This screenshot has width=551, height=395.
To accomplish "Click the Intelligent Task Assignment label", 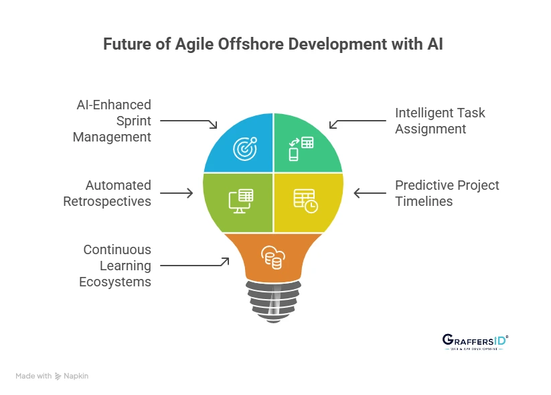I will [439, 121].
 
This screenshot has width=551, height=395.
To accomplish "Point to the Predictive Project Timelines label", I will [447, 193].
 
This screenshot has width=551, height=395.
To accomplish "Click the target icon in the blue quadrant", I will [244, 148].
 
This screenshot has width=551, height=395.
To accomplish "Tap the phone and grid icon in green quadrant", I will [301, 148].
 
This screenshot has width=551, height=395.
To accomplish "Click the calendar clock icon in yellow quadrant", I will [305, 201].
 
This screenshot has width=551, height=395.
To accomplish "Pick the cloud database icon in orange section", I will [272, 257].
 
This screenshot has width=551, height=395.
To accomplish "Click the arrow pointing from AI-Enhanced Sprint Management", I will [189, 123].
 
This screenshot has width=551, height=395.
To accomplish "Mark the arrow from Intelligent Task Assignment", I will [358, 123].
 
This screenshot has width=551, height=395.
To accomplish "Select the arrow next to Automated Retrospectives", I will [175, 193].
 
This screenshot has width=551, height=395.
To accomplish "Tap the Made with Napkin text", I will [52, 376].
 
